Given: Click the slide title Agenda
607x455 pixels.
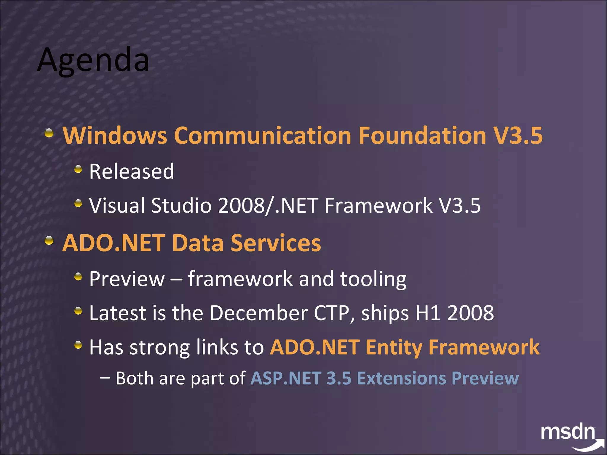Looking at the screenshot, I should point(93,60).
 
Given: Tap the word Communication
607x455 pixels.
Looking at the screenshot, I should point(263,135).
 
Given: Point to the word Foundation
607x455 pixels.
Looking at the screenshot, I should point(422,135).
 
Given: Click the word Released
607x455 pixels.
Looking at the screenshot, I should point(132,172).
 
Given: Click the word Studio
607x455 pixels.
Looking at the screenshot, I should point(181,206).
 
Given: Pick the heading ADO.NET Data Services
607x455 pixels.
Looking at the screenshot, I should point(191,243).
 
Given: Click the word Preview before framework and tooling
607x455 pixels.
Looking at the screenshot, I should point(127,279).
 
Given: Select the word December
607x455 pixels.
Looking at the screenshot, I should point(259,313).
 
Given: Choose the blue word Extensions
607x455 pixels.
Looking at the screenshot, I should point(401,378).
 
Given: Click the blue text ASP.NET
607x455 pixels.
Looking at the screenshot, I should point(286,378).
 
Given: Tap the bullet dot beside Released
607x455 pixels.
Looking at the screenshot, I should point(78,169).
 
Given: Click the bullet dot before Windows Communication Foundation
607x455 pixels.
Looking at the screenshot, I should point(49,133).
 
